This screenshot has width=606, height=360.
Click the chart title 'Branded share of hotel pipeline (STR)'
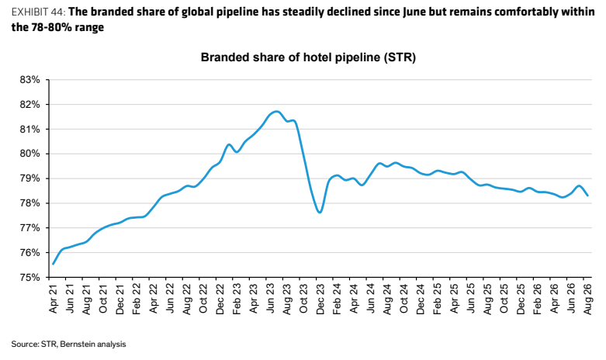click(308, 57)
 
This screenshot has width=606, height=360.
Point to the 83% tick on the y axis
click(29, 80)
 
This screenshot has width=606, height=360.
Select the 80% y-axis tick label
click(29, 154)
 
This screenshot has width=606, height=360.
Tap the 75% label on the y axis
click(29, 277)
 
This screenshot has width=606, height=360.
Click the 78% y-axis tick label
click(29, 203)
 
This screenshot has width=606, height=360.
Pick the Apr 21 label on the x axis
click(53, 298)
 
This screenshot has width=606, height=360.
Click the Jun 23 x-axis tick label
click(270, 299)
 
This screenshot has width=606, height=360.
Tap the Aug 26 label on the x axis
click(587, 299)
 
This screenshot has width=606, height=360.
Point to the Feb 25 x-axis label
click(437, 299)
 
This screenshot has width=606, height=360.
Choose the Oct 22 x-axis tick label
click(203, 299)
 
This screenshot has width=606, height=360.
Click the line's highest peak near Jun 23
click(276, 112)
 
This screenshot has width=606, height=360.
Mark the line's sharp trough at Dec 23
click(320, 212)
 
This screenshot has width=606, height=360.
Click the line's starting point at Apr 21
click(53, 265)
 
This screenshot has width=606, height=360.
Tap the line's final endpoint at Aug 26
click(587, 196)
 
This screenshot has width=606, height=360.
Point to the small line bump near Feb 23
click(229, 145)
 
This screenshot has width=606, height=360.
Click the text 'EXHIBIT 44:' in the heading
click(39, 12)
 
